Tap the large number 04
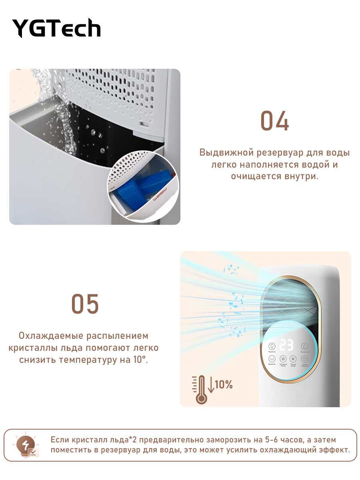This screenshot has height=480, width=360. pos(274,121)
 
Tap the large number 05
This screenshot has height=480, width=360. pos(85,304)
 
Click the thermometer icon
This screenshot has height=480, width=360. pos(200,389)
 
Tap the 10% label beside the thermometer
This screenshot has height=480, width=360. pos(224,385)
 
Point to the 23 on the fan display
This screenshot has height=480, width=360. pos(286,345)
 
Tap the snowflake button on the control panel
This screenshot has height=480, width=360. pos(283,359)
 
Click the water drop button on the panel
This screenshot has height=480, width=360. pos(304,346)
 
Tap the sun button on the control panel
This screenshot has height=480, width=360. pos(293,359)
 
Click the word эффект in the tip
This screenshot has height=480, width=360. pos(334,450)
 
